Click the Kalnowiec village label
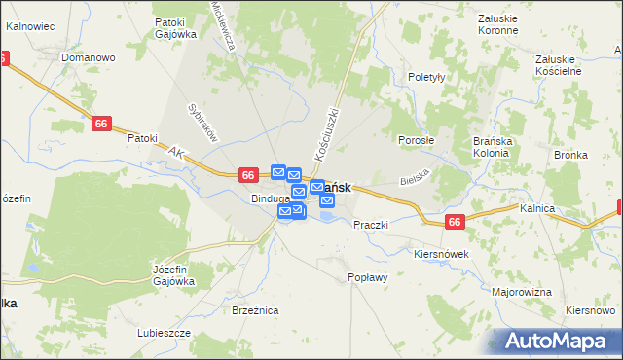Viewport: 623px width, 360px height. [28, 27]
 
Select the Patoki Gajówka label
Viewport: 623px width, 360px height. [175, 28]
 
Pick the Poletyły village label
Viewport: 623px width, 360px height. [426, 77]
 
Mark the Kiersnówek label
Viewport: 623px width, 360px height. [442, 254]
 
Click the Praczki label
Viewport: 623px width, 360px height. [371, 225]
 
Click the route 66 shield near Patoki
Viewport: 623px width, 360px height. [102, 124]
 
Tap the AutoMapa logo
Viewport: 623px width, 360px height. [559, 342]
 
